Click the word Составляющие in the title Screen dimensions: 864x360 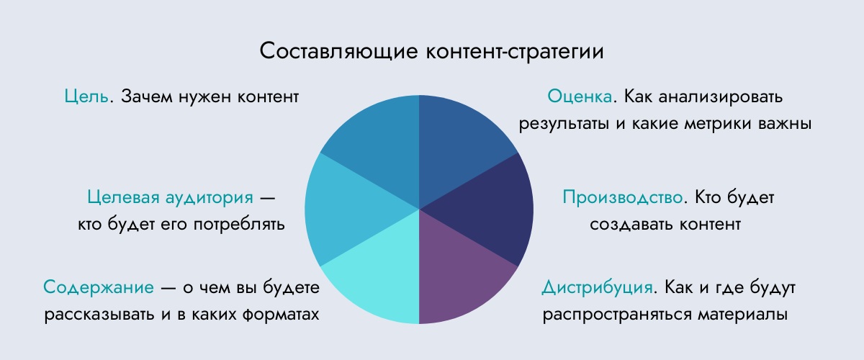[338, 51]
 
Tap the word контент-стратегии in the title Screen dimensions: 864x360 [515, 52]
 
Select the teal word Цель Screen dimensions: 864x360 [86, 96]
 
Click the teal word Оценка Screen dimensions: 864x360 [580, 96]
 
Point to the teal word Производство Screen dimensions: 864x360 [623, 197]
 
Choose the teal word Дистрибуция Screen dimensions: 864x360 [598, 288]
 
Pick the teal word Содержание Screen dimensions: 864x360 [99, 287]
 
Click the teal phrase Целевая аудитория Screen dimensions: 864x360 [170, 197]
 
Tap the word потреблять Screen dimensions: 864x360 [239, 225]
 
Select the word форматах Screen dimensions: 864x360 [281, 315]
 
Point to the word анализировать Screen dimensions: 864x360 [721, 97]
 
